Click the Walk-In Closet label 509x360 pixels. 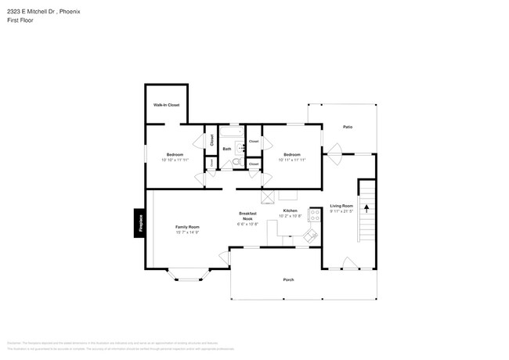166,105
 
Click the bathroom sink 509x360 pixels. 241,146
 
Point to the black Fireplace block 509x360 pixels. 139,223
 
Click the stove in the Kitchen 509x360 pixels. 315,214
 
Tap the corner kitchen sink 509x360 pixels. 310,235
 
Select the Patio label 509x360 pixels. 347,127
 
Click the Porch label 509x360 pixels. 288,279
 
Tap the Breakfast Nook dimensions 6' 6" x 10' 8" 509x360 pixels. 248,224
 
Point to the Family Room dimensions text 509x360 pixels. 187,232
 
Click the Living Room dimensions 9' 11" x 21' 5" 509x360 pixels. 341,211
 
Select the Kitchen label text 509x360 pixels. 290,211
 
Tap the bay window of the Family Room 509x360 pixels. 187,275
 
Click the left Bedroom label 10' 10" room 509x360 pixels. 175,154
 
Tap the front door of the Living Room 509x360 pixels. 350,264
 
